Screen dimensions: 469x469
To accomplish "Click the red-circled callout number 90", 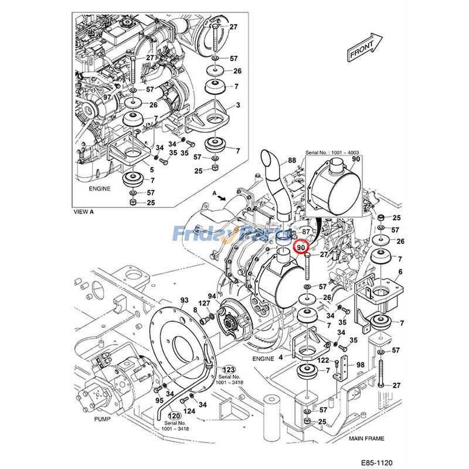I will click(x=302, y=248).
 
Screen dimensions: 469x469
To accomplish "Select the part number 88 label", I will click(x=291, y=160).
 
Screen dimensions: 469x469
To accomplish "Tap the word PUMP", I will click(x=103, y=420).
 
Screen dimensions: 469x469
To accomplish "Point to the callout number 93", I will click(x=184, y=300).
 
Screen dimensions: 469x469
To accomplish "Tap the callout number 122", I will click(x=323, y=361).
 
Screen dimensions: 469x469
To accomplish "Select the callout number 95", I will click(x=159, y=400).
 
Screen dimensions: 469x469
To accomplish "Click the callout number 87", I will click(x=306, y=233).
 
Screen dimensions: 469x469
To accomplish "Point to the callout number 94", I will click(x=212, y=295).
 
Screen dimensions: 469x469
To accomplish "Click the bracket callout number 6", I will click(x=400, y=271).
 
